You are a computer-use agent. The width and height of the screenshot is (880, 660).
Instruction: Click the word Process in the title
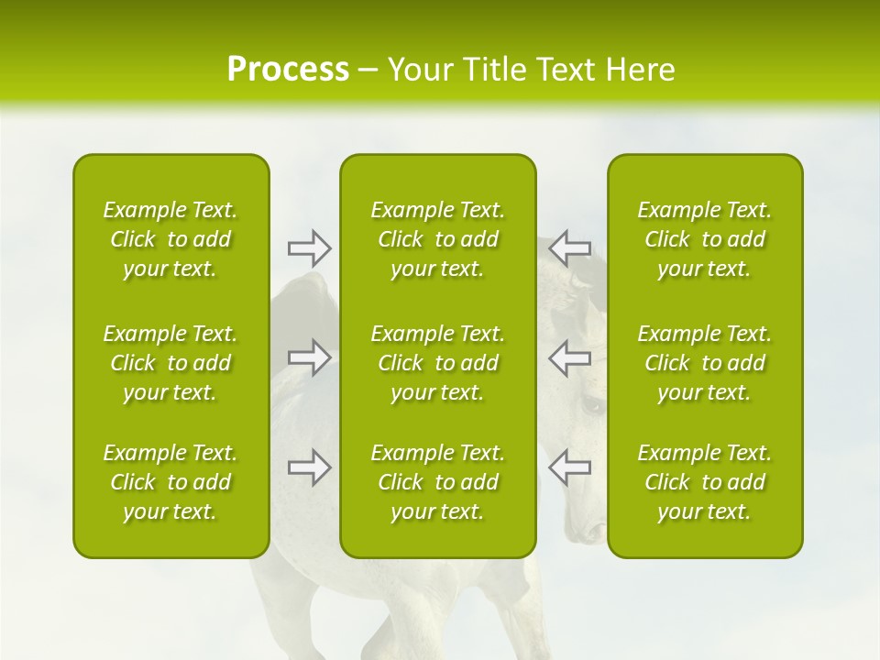(x=288, y=70)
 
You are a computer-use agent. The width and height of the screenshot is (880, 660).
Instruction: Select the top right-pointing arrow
(x=309, y=247)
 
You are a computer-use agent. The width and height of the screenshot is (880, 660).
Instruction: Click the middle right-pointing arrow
(x=309, y=357)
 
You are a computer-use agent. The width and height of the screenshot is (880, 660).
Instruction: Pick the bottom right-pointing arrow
(x=309, y=467)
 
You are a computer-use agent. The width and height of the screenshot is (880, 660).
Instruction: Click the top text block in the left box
(x=170, y=239)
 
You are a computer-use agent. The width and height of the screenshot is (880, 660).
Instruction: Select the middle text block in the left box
(x=170, y=363)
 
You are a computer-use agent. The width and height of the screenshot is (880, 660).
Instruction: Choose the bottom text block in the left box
(x=170, y=482)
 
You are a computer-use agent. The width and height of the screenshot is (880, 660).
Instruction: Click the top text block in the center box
(x=438, y=239)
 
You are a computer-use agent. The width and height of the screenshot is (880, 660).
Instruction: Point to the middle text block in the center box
(x=438, y=363)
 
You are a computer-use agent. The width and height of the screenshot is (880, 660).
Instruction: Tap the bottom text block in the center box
(x=438, y=482)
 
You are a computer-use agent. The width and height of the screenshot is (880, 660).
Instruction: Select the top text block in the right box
(x=705, y=239)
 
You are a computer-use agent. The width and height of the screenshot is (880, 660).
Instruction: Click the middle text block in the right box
(x=705, y=363)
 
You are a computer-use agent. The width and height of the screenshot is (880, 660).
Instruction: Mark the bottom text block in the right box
(x=705, y=482)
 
